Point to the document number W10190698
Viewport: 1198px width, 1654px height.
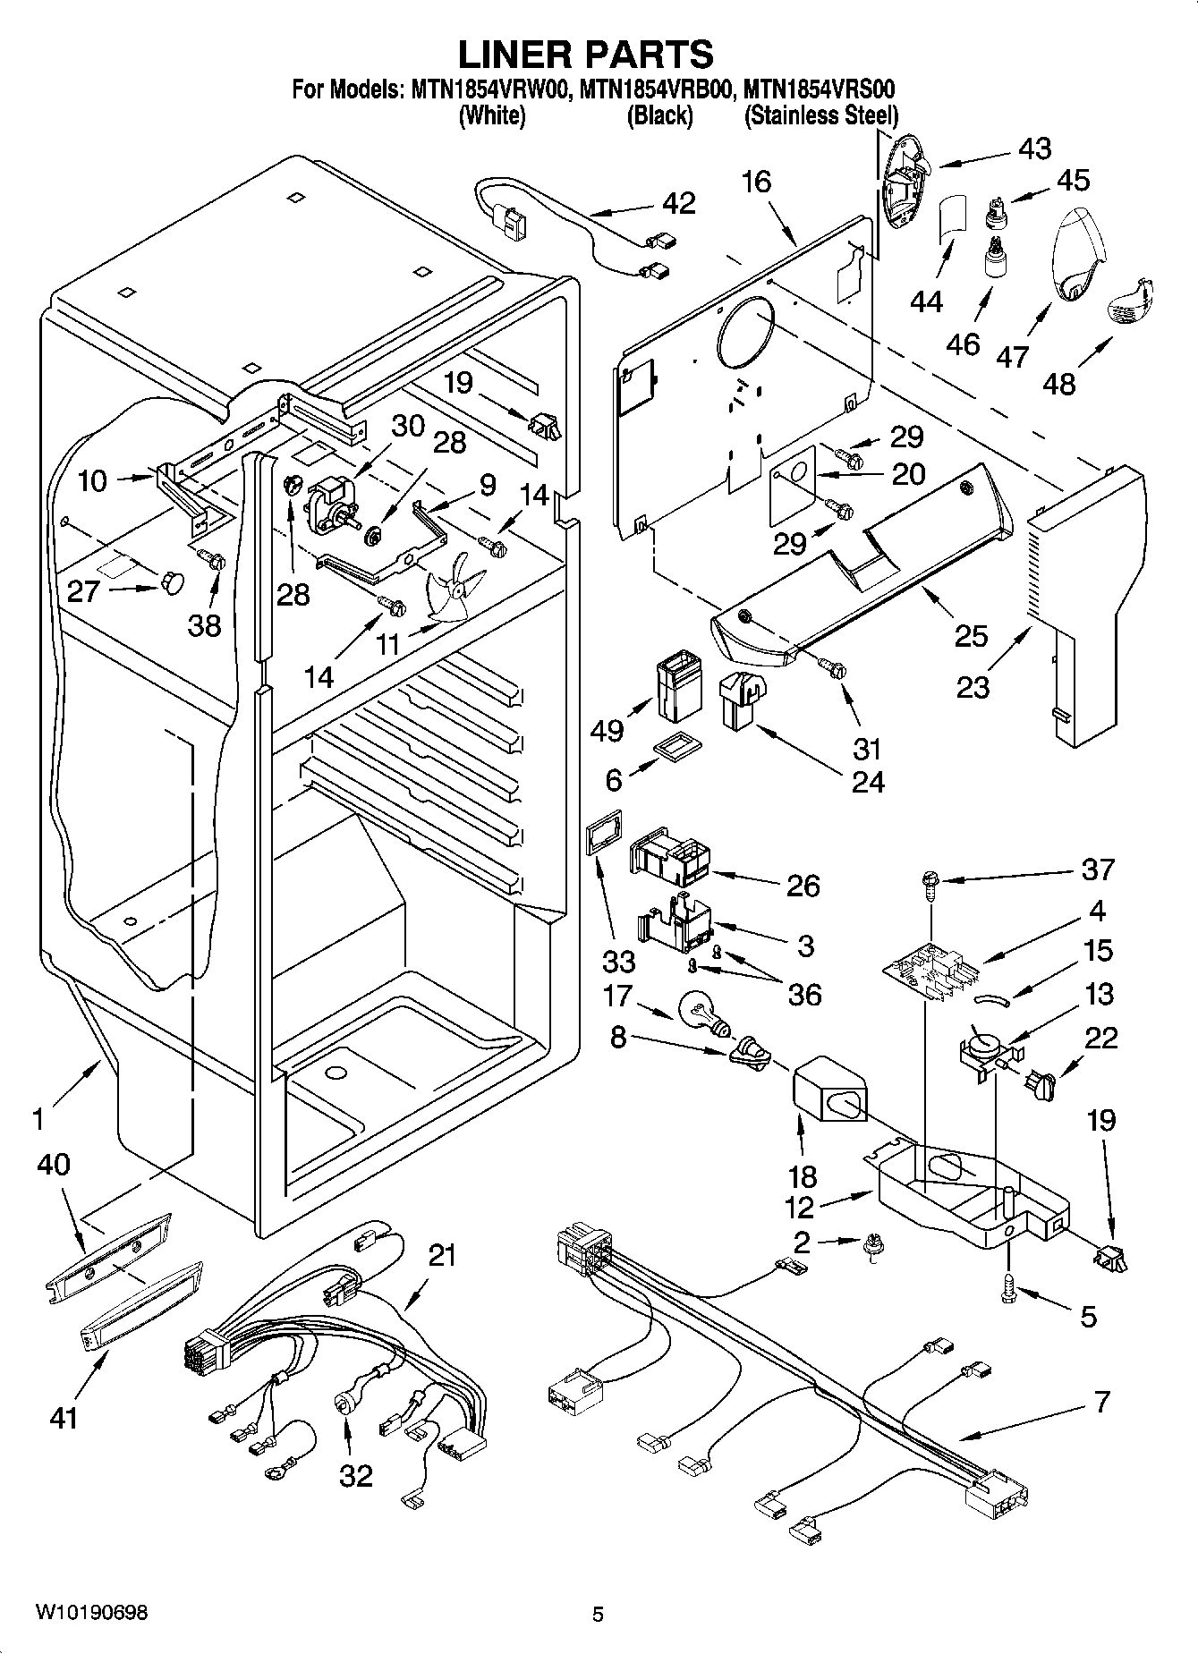(x=92, y=1613)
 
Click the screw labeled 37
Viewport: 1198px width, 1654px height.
(x=930, y=886)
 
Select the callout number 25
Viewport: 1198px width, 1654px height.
(x=971, y=636)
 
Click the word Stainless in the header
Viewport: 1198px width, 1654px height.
(x=789, y=116)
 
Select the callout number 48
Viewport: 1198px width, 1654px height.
(x=1059, y=384)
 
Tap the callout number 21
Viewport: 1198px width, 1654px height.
(x=442, y=1256)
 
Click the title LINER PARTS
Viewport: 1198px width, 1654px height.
(x=586, y=54)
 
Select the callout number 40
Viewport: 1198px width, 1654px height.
(x=54, y=1165)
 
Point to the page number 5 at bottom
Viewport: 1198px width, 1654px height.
(x=598, y=1614)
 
